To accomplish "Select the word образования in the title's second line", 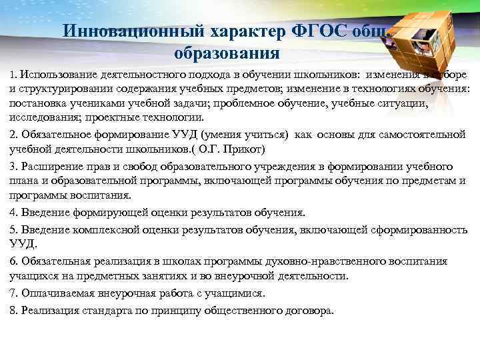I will click(226, 51).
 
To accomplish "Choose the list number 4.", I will click(13, 213).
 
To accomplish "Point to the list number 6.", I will click(13, 261).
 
